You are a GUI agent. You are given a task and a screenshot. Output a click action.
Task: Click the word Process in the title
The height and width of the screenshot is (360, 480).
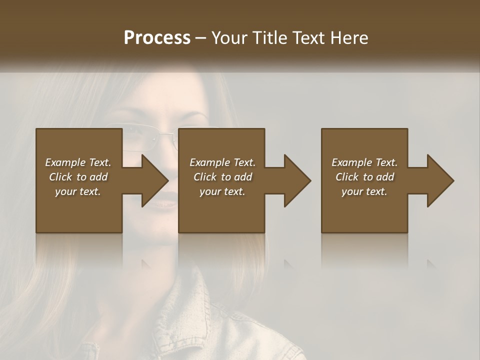click(x=157, y=37)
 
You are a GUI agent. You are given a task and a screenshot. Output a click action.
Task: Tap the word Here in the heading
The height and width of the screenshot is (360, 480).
click(x=348, y=37)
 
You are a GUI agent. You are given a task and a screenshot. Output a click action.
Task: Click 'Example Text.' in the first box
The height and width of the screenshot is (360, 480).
click(x=78, y=162)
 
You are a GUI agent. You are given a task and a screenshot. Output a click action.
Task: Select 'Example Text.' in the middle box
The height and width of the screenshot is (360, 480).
click(x=222, y=162)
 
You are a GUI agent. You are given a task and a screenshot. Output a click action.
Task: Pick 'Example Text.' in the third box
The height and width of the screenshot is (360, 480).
click(x=364, y=162)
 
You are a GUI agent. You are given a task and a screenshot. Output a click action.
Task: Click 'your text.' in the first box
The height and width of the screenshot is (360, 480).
click(x=78, y=191)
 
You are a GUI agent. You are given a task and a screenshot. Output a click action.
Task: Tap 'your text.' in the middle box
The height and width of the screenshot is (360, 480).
click(x=222, y=191)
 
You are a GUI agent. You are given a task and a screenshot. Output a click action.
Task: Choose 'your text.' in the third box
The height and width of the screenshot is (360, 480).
click(x=364, y=191)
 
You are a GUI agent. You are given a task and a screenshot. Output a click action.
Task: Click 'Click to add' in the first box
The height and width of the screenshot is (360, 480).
click(x=78, y=177)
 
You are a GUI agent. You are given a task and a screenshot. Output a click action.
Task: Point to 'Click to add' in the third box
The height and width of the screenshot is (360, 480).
click(x=364, y=177)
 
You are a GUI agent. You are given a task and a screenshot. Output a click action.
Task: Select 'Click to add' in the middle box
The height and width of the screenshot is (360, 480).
click(x=222, y=177)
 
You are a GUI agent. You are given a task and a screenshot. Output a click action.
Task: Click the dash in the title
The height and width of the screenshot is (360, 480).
click(x=201, y=38)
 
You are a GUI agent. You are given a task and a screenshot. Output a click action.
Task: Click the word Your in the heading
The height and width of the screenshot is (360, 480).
click(x=229, y=37)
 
